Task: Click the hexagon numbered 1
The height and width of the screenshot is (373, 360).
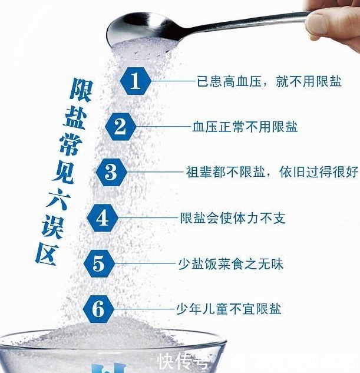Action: click(x=136, y=81)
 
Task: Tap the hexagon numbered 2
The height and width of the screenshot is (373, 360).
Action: click(x=121, y=126)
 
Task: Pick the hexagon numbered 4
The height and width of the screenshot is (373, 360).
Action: click(x=103, y=218)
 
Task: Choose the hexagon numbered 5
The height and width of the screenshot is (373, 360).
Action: click(x=98, y=263)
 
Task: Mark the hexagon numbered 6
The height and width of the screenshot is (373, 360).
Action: click(x=98, y=308)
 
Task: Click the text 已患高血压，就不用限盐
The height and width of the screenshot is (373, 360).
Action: click(x=268, y=81)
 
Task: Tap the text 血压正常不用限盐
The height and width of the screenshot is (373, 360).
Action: click(x=245, y=126)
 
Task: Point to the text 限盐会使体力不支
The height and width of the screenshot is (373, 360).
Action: click(x=232, y=218)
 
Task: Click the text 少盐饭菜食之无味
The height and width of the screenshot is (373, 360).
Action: click(x=230, y=263)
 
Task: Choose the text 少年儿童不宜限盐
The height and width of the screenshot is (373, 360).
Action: click(x=229, y=308)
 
